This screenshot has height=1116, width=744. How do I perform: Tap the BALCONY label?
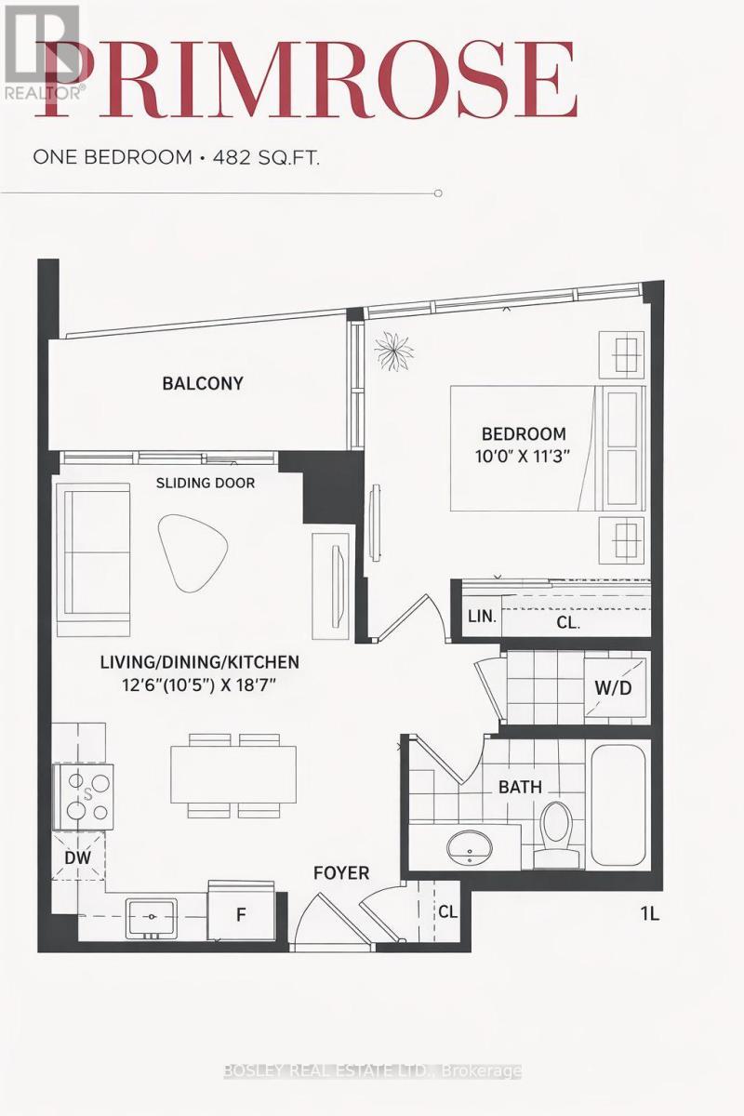click(x=202, y=383)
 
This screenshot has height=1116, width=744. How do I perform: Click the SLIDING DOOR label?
click(x=205, y=483)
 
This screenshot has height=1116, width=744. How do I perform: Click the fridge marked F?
click(x=241, y=913)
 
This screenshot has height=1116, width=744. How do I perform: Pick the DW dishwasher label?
click(x=78, y=858)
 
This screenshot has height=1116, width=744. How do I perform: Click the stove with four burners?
click(x=84, y=796)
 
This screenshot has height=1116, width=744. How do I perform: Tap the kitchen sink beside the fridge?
click(x=152, y=917)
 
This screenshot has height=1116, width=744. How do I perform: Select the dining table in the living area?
click(x=232, y=775)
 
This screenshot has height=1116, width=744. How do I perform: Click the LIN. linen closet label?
click(x=482, y=616)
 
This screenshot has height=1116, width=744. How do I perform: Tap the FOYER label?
click(x=341, y=873)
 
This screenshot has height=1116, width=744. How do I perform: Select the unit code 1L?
click(x=649, y=913)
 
